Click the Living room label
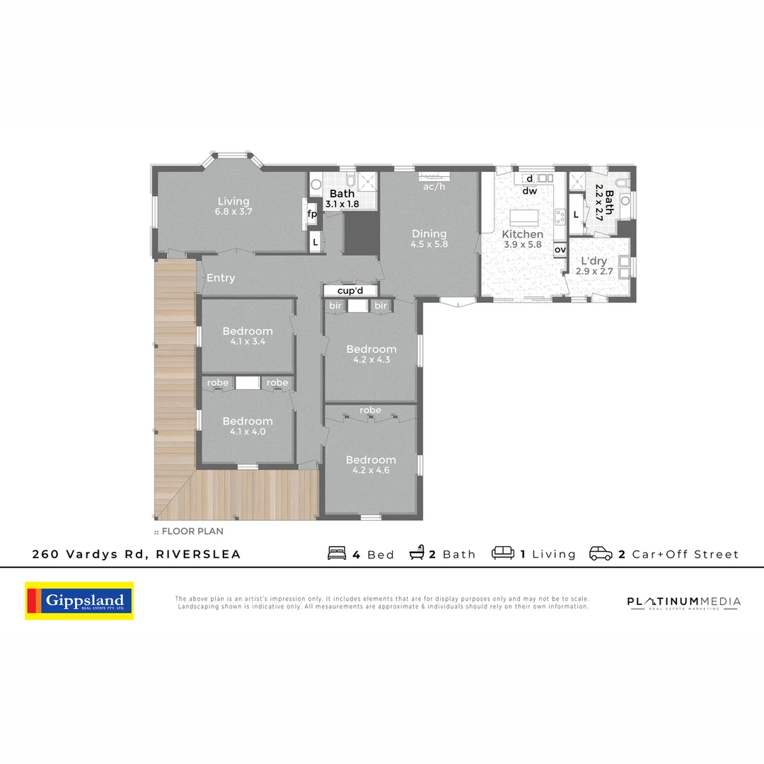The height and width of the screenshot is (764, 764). point(233,201)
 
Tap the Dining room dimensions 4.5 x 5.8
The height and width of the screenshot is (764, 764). point(429,244)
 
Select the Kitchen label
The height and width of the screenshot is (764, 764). point(523,234)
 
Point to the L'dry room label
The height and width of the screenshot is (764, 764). point(591,261)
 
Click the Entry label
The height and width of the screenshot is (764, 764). point(221,278)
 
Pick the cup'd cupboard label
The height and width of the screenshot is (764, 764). point(351,291)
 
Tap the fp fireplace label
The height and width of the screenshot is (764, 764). point(312,214)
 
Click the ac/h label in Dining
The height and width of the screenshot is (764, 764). point(434,187)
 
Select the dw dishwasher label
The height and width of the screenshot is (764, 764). point(530,191)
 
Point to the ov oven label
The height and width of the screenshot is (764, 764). point(560,250)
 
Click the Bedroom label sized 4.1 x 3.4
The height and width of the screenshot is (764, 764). point(248,331)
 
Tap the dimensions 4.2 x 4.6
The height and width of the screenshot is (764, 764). point(371,470)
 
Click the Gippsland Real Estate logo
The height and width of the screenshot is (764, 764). point(79,601)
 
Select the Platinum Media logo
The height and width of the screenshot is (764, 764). point(683,602)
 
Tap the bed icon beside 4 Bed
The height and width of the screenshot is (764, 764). point(337,553)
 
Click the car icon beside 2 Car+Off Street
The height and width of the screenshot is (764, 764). point(601,553)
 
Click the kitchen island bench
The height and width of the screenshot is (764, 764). point(524,216)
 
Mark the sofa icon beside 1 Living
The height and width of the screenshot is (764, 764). point(503,553)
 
